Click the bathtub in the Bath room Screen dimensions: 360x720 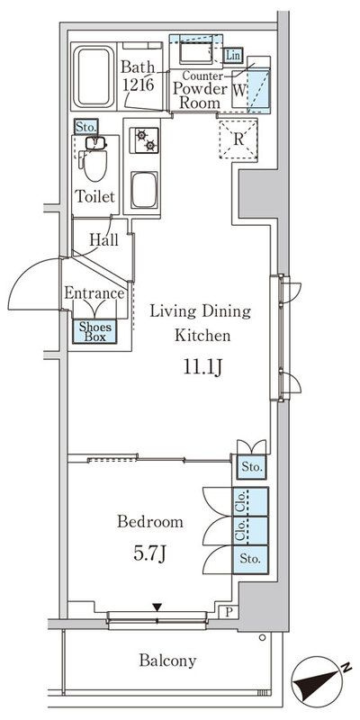tap(94, 76)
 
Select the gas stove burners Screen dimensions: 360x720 tap(145, 140)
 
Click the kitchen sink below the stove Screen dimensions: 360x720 tap(145, 190)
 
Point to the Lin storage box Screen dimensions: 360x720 tap(233, 56)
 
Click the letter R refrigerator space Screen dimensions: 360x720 tap(238, 139)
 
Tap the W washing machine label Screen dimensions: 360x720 tap(238, 89)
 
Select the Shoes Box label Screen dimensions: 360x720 tap(95, 331)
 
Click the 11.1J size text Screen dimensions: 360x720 tap(203, 368)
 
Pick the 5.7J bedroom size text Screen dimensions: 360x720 tap(149, 553)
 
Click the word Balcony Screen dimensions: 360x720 tap(167, 661)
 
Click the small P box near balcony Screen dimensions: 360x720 tap(229, 612)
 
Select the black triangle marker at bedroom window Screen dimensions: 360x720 tap(157, 607)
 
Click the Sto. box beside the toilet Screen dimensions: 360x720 tap(85, 127)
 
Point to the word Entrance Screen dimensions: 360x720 tap(94, 293)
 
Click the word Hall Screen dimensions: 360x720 tap(103, 239)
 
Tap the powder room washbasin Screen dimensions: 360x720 tap(195, 53)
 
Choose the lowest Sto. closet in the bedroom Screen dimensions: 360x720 tap(250, 559)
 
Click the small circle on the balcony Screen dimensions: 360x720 tap(262, 637)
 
